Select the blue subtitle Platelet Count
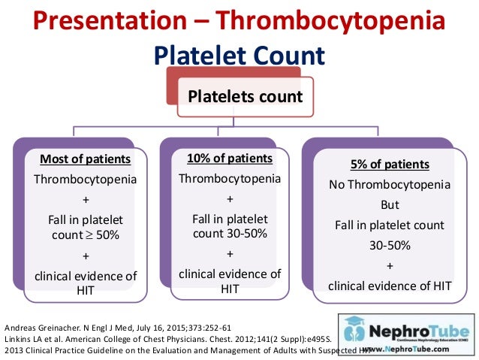tap(239, 56)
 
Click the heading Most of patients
tap(85, 159)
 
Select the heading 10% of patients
tap(230, 158)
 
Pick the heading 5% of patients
tap(390, 165)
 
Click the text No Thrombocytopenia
tap(390, 184)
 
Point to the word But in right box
tap(390, 204)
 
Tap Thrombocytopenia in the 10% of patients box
tap(230, 178)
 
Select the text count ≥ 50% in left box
tap(85, 234)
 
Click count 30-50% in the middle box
tap(230, 233)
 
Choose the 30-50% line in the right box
tap(390, 245)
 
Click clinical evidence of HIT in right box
tap(390, 285)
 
